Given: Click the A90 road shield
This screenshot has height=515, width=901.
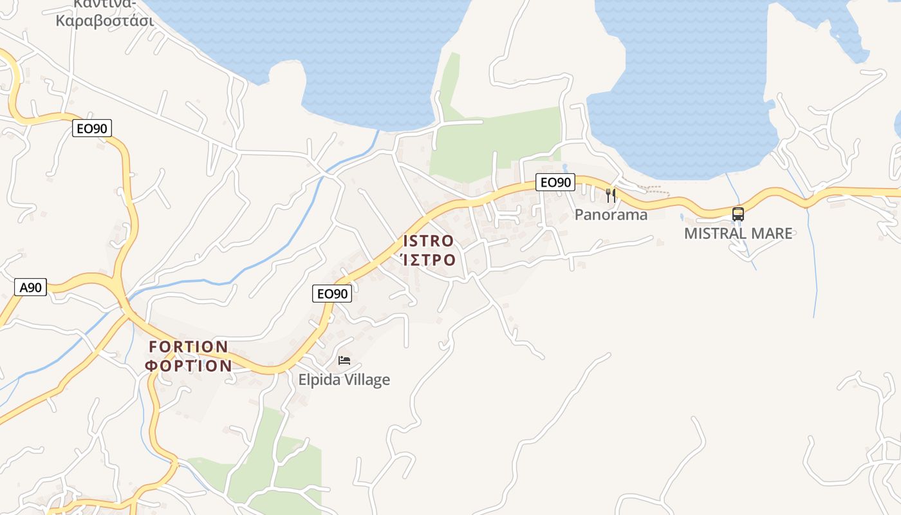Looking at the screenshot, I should click(30, 287).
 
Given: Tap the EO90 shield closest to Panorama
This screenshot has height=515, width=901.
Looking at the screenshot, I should click(555, 182).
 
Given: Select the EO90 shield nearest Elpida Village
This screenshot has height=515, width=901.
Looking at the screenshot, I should click(333, 294).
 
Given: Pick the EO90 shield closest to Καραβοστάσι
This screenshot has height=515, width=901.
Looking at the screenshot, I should click(92, 128).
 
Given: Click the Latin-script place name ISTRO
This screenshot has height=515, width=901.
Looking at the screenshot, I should click(429, 241).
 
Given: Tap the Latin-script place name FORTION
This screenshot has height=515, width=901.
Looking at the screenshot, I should click(189, 347).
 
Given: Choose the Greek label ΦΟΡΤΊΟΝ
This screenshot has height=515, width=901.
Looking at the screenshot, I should click(189, 366).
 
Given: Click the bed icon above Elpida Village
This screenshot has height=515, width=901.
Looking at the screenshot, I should click(344, 360).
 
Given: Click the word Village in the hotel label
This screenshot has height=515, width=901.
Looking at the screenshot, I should click(366, 380).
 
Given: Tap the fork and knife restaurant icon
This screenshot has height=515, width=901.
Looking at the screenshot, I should click(611, 195).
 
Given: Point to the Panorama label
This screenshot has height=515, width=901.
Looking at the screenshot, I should click(611, 214).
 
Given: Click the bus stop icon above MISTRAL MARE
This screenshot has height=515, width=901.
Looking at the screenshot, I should click(738, 214).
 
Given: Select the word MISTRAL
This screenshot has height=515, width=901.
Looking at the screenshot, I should click(712, 233).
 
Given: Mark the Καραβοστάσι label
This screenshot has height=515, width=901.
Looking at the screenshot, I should click(105, 20).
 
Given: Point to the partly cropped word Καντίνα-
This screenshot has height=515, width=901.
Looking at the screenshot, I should click(105, 3).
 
